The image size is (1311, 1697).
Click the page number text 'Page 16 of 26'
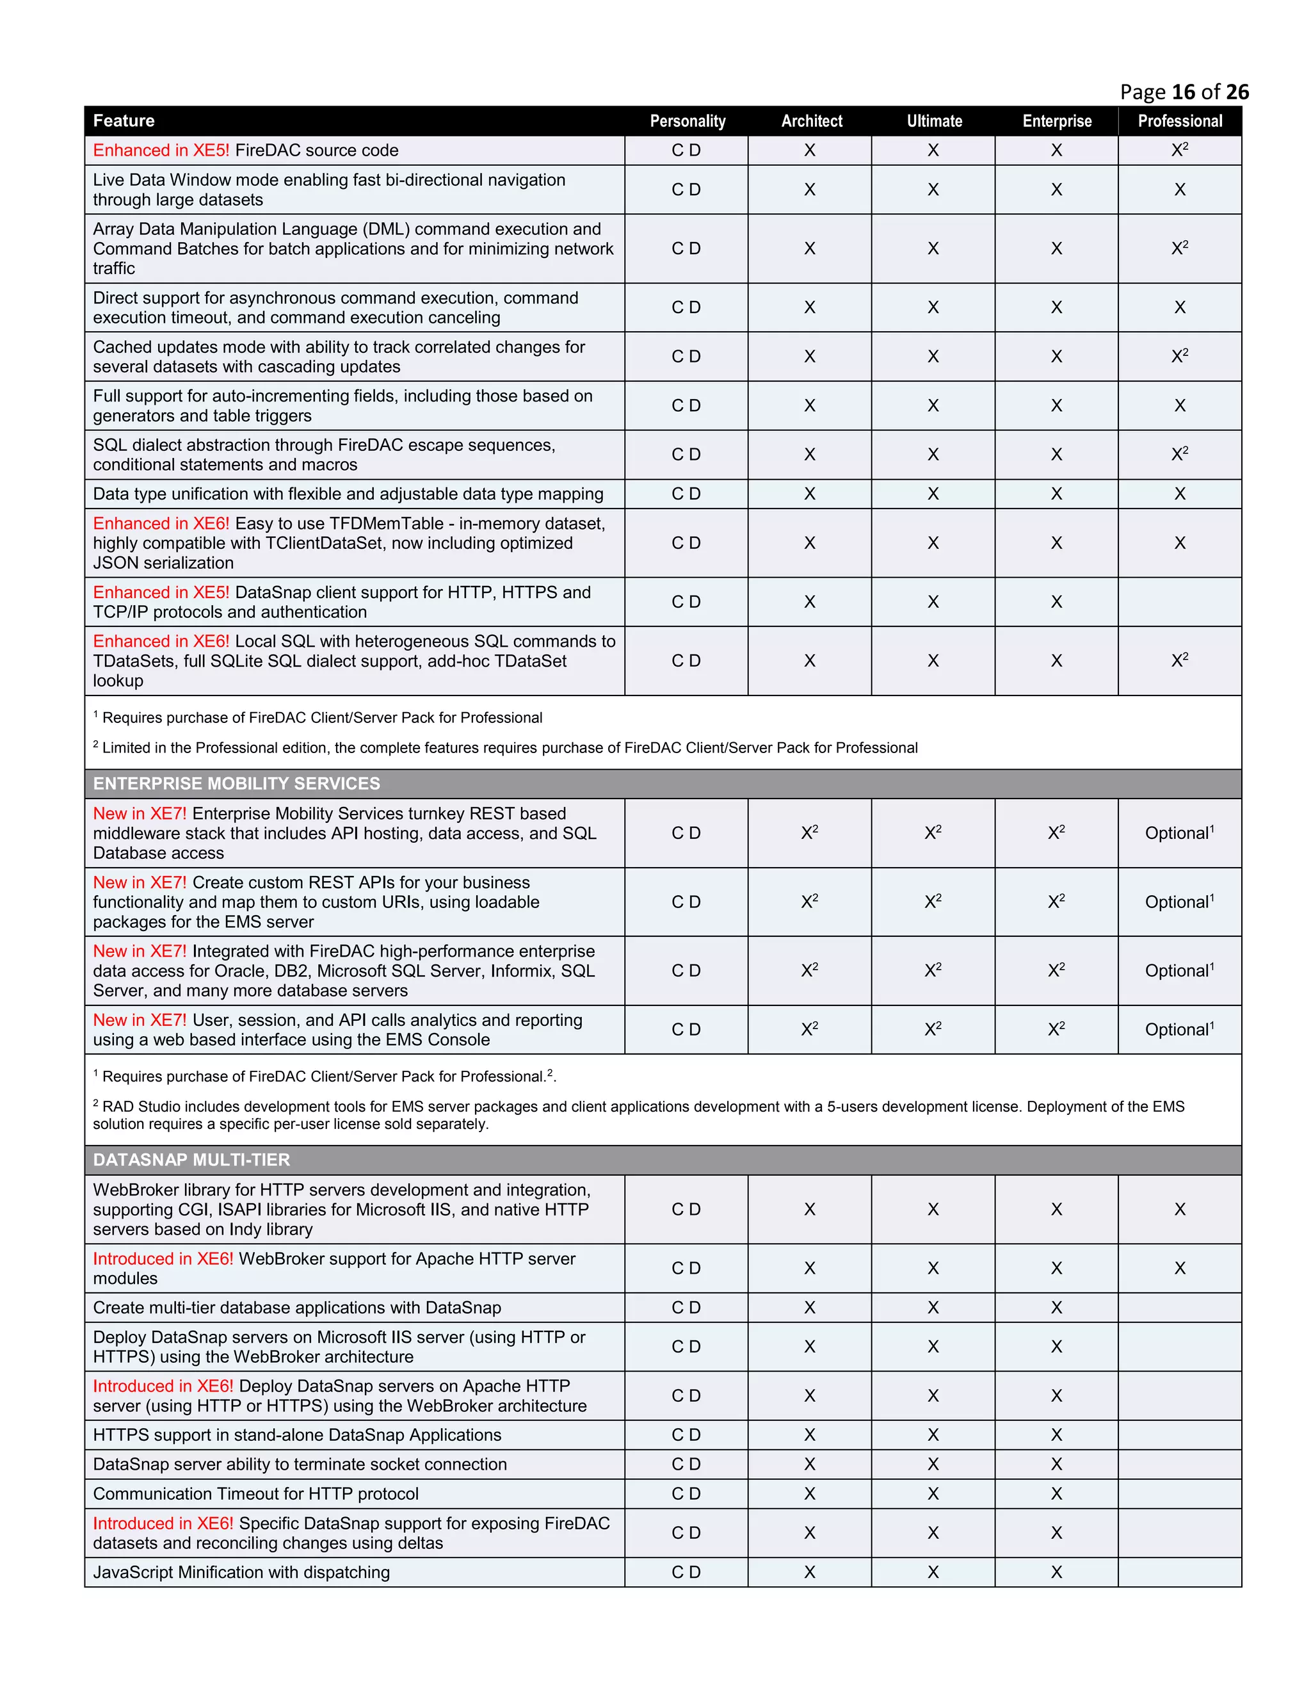1184,92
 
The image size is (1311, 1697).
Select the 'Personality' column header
687,120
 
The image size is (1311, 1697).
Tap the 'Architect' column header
811,120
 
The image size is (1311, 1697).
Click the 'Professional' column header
1179,120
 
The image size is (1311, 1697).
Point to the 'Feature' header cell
124,120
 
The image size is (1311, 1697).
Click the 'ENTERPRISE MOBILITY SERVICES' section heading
236,783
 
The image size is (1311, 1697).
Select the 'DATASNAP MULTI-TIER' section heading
191,1159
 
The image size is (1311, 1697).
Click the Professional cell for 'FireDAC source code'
1179,150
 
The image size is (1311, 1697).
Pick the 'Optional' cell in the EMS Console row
1179,1030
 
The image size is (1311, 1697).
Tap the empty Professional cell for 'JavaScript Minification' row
1179,1572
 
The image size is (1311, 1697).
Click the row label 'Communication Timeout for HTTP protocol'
255,1493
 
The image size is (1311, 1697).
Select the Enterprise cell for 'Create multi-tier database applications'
1056,1308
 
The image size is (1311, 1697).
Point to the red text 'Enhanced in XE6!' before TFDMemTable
161,524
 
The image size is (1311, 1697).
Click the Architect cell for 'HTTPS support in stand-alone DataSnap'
809,1435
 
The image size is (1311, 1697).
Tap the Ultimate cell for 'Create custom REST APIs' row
933,902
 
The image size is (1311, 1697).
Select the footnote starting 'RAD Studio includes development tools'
637,1114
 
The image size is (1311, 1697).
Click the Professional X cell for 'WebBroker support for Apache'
1179,1268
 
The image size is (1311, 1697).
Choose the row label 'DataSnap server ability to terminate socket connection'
300,1464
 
